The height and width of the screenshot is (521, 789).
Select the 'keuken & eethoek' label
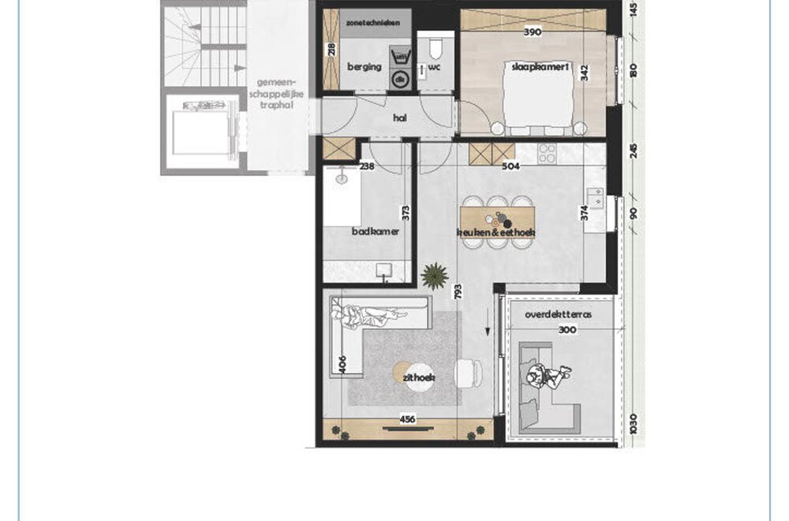(496, 233)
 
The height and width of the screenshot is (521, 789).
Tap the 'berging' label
(365, 67)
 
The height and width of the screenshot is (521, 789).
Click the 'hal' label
(399, 118)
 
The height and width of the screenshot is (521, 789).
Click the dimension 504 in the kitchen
(511, 167)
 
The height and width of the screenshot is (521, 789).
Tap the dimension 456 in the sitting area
(406, 419)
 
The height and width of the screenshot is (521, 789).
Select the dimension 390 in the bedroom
(533, 32)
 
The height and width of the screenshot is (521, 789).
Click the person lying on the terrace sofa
(548, 375)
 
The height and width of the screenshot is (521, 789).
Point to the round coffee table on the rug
(404, 373)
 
